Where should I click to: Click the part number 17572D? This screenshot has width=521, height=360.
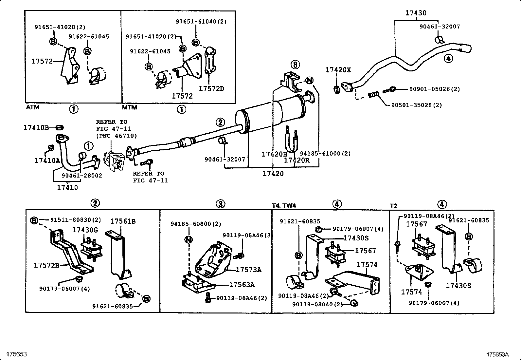pyautogui.click(x=211, y=89)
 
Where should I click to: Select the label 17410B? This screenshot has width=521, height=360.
pyautogui.click(x=36, y=127)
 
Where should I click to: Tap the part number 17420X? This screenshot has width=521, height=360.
pyautogui.click(x=338, y=70)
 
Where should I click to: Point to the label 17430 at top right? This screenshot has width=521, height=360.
pyautogui.click(x=416, y=13)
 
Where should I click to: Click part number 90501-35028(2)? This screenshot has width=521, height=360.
pyautogui.click(x=416, y=105)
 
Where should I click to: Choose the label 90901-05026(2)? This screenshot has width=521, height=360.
pyautogui.click(x=434, y=89)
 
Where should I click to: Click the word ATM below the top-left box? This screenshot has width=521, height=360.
pyautogui.click(x=32, y=107)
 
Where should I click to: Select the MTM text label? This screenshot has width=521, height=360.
pyautogui.click(x=130, y=107)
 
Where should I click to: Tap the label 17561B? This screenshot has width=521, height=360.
pyautogui.click(x=123, y=221)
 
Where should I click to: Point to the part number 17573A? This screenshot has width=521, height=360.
pyautogui.click(x=248, y=270)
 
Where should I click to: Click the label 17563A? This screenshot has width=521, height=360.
pyautogui.click(x=242, y=285)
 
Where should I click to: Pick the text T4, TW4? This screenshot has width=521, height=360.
pyautogui.click(x=283, y=205)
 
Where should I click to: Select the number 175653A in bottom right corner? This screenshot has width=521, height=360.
pyautogui.click(x=497, y=354)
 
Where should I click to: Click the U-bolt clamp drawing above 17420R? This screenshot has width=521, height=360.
pyautogui.click(x=292, y=141)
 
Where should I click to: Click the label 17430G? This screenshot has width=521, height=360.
pyautogui.click(x=85, y=230)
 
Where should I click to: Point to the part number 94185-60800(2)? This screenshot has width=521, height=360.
pyautogui.click(x=196, y=224)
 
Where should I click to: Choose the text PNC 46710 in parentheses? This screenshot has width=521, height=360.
pyautogui.click(x=116, y=136)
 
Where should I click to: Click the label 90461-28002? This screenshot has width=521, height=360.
pyautogui.click(x=82, y=176)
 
